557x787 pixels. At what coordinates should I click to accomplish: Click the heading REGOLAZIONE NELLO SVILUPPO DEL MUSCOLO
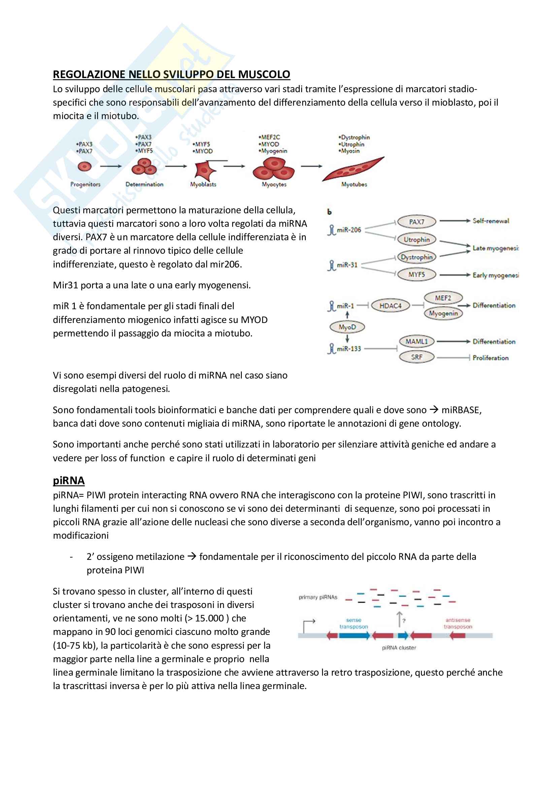(171, 74)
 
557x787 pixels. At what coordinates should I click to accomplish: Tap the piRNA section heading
(69, 480)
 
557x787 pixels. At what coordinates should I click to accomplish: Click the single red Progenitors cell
(85, 167)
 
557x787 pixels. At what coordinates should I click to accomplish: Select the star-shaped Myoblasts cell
(205, 170)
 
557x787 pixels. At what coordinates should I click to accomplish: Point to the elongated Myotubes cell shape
(353, 169)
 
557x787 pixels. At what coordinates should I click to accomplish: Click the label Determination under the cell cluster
(144, 184)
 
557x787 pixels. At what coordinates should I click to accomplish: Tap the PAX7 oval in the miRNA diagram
(417, 222)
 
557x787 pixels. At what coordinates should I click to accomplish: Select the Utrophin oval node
(417, 240)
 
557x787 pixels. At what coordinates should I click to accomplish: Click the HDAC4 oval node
(390, 306)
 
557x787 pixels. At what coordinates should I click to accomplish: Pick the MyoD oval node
(347, 327)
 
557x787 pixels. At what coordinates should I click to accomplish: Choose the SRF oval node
(417, 357)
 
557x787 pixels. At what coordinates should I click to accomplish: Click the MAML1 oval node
(417, 342)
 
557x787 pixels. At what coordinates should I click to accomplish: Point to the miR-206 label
(349, 230)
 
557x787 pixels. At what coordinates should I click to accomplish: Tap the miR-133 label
(349, 349)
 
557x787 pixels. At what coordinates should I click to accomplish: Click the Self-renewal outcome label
(491, 221)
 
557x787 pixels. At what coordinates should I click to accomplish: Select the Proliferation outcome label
(490, 358)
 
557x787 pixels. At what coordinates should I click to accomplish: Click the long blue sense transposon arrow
(354, 636)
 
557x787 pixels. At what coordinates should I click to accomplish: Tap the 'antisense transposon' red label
(458, 623)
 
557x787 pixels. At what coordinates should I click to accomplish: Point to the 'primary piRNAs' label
(318, 597)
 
